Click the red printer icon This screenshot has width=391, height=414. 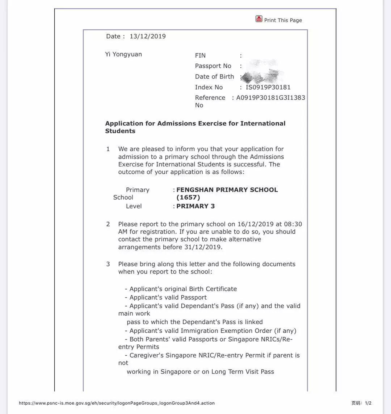coord(259,19)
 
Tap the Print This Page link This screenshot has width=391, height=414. coord(283,20)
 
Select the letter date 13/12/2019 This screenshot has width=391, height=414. coord(148,36)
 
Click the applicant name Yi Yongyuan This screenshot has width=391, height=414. coord(123,54)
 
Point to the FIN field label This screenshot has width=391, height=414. coord(200,55)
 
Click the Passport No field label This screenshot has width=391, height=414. coord(213,66)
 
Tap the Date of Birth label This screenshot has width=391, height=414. coord(214,76)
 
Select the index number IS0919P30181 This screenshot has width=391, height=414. coord(268,87)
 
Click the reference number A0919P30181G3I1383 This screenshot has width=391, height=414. coord(270,98)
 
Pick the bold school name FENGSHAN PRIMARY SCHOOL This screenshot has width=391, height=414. coord(227,190)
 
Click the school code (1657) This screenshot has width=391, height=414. coord(188,198)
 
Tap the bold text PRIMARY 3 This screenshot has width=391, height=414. coord(195,206)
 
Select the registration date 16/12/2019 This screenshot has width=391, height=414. coord(255,224)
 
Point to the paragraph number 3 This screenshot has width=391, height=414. coord(108,264)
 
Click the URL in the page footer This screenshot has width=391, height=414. coord(117,403)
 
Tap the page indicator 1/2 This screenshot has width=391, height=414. coord(368,403)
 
